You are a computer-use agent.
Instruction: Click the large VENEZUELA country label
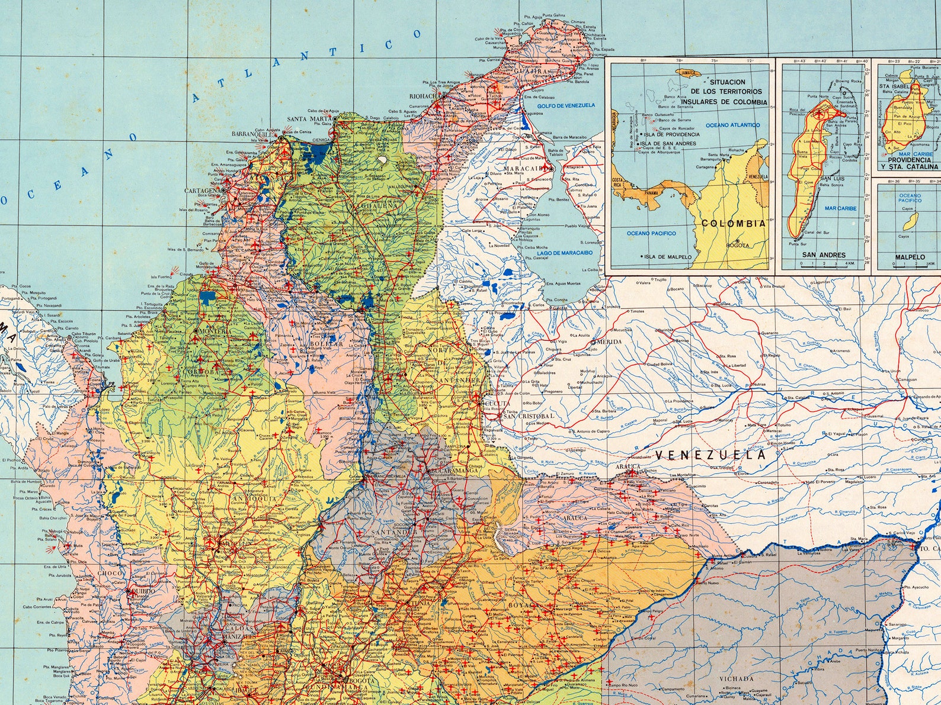(x=710, y=455)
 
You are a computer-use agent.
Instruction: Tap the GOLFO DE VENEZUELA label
(x=565, y=105)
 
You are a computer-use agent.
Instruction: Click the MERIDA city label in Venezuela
(x=610, y=342)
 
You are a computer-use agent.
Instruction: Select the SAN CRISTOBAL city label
(x=528, y=416)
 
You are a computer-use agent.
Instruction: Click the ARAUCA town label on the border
(x=628, y=466)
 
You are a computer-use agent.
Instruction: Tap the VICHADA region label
(x=737, y=678)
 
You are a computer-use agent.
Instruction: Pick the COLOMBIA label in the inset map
(x=733, y=224)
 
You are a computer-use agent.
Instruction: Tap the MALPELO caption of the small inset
(x=910, y=257)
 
